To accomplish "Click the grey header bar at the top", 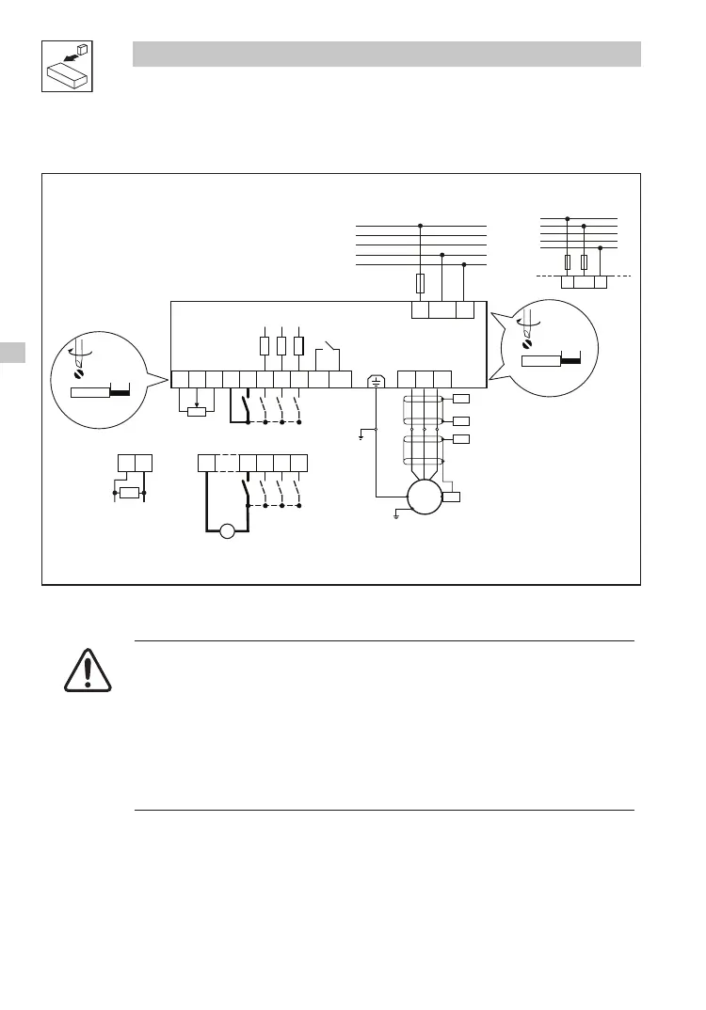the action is (x=386, y=54).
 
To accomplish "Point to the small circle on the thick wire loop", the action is (x=226, y=533).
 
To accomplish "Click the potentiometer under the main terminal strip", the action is (x=197, y=411).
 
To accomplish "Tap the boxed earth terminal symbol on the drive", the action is (x=375, y=380).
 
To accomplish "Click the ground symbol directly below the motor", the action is (x=397, y=516).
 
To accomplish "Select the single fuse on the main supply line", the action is (x=420, y=282).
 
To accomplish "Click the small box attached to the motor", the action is (x=451, y=497).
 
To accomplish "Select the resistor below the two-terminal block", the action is (x=130, y=492).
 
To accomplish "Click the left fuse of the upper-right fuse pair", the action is (x=568, y=261).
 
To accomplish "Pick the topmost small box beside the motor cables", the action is (x=461, y=400).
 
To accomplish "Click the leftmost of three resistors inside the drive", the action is (x=265, y=345).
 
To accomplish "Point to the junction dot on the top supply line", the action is (x=420, y=226).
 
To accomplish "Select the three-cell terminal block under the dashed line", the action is (x=584, y=281).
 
